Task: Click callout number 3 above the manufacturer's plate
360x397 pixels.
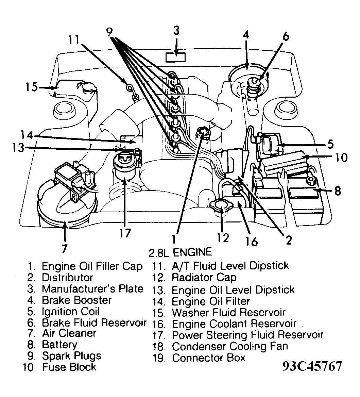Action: (x=176, y=31)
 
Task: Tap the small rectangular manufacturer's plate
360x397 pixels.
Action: (x=175, y=57)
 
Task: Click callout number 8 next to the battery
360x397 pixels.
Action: (x=337, y=191)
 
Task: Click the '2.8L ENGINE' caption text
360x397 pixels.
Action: (x=180, y=252)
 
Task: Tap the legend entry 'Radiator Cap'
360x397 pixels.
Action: (x=204, y=278)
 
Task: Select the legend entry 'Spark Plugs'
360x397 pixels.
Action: (x=71, y=356)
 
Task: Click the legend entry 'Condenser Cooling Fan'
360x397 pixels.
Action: (x=230, y=347)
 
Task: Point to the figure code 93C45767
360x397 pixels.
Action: (x=312, y=366)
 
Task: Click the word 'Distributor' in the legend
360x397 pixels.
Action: (x=67, y=277)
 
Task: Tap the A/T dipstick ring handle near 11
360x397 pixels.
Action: (x=130, y=88)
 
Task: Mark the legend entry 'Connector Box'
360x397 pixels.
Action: (x=208, y=358)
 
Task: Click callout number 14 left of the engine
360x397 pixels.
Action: (x=26, y=135)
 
